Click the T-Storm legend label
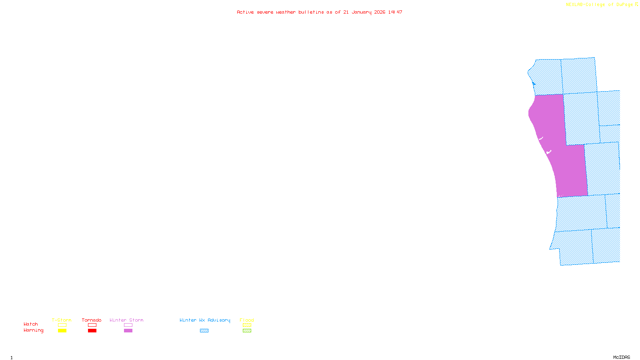click(62, 320)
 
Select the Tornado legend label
click(92, 320)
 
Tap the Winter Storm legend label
click(126, 320)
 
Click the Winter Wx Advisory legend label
click(205, 320)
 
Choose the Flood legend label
click(247, 320)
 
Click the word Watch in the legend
click(31, 324)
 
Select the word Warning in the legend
click(34, 330)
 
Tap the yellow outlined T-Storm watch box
click(62, 325)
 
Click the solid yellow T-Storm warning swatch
click(62, 331)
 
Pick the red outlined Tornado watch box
click(92, 325)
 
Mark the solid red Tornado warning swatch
click(92, 331)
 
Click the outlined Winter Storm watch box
click(128, 325)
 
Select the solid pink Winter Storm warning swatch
click(128, 331)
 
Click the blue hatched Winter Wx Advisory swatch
click(204, 331)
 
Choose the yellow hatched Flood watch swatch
click(247, 325)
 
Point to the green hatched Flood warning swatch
click(247, 331)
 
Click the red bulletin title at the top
click(320, 12)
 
